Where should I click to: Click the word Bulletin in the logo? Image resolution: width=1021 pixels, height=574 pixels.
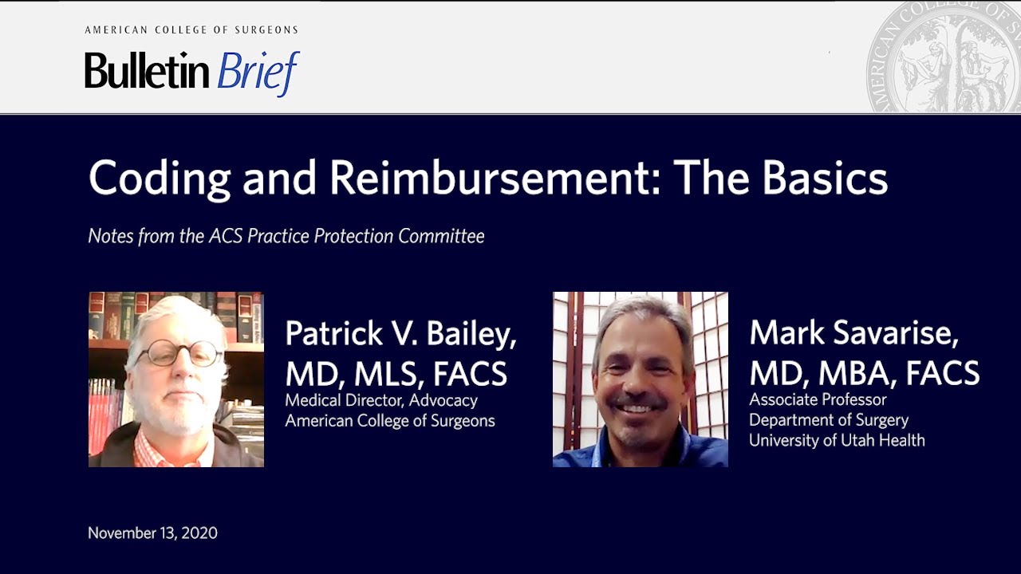coord(147,71)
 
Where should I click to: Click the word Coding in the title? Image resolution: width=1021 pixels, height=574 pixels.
coord(160,179)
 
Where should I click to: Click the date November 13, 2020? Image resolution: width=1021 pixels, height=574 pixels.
coord(152,533)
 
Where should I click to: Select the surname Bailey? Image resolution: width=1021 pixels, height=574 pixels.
coord(471,334)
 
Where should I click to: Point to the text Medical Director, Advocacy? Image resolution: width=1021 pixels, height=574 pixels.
coord(381,400)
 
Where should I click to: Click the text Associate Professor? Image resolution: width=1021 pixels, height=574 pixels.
coord(818,399)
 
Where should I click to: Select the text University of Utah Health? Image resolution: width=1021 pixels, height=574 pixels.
coord(837,439)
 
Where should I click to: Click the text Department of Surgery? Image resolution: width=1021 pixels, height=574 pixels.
coord(829,419)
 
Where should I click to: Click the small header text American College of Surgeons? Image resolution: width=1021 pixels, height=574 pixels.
coord(191,30)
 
